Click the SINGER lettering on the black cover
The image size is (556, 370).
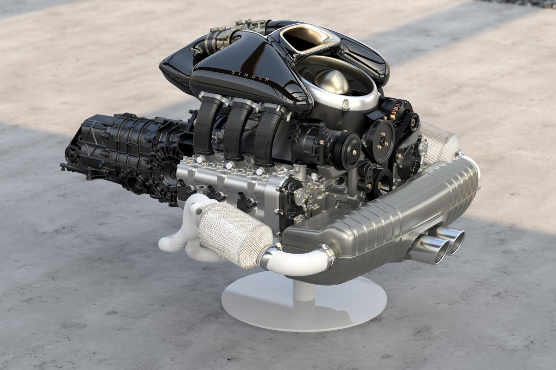(250, 76)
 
